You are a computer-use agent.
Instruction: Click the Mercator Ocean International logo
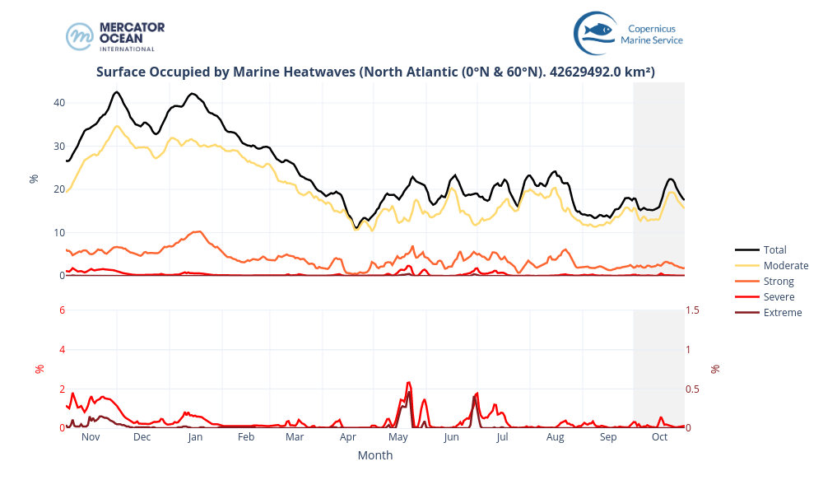tap(115, 36)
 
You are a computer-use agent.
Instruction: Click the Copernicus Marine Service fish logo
tap(595, 33)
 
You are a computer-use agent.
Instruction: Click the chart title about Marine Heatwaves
tap(375, 72)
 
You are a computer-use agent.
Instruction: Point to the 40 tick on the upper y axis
tap(59, 103)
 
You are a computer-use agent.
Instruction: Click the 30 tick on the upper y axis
tap(59, 147)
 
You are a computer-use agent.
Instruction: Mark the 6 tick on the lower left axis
tap(62, 310)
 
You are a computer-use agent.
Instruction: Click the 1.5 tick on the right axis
tap(694, 310)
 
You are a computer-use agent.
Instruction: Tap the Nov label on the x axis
tap(91, 437)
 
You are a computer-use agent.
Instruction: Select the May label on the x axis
tap(398, 437)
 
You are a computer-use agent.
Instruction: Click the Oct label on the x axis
tap(659, 437)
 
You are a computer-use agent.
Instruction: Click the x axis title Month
tap(375, 455)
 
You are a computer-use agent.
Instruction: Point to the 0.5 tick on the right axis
tap(694, 389)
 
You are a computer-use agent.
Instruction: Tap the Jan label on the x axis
tap(195, 437)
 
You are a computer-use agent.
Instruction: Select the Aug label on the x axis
tap(556, 437)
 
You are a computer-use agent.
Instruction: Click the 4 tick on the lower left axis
tap(62, 349)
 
